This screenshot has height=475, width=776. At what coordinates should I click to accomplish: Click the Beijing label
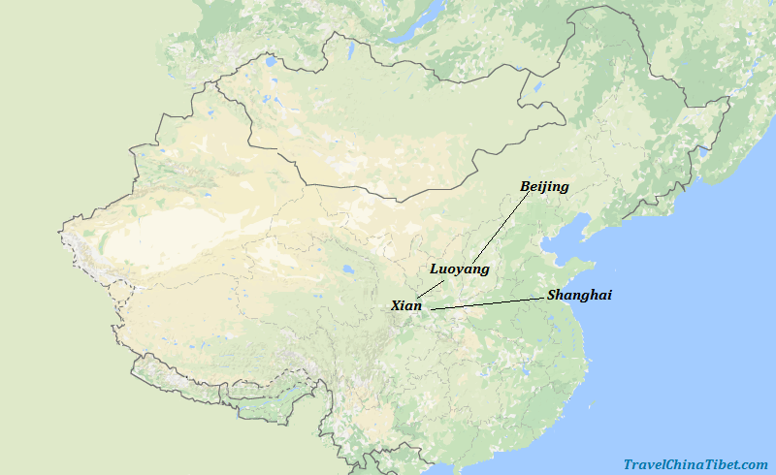[x=544, y=186]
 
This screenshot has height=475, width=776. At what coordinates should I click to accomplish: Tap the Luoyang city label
[x=459, y=269]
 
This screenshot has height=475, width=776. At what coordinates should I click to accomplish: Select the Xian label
[x=406, y=305]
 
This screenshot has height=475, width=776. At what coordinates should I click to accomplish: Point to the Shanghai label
[x=579, y=295]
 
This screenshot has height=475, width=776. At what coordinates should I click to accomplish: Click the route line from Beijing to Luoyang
[x=500, y=227]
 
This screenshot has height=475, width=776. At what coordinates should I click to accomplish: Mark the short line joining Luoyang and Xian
[x=430, y=288]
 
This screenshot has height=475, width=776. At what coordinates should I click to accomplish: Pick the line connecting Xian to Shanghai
[x=485, y=304]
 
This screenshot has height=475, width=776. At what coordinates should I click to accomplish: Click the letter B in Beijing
[x=525, y=186]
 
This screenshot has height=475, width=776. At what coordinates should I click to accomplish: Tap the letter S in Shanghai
[x=552, y=295]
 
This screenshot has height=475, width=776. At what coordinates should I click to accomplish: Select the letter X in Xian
[x=396, y=305]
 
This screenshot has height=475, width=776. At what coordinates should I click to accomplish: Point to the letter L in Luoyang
[x=435, y=269]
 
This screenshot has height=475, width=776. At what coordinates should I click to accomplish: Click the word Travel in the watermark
[x=644, y=465]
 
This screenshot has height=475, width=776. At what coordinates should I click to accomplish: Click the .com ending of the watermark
[x=756, y=465]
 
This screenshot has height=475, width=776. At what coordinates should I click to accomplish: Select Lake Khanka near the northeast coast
[x=704, y=152]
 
